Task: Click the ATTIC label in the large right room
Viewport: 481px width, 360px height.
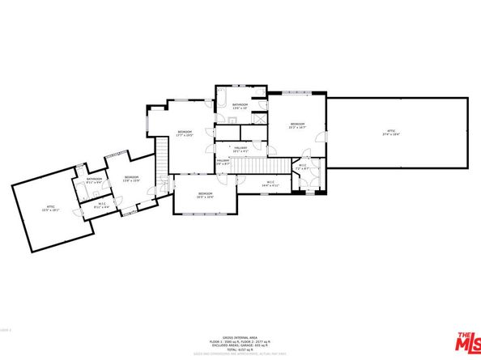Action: [389, 133]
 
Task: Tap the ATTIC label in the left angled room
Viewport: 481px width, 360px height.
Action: [49, 208]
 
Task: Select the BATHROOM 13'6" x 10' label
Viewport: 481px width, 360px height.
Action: [240, 106]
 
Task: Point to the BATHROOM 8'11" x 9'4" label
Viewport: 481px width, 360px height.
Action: [95, 181]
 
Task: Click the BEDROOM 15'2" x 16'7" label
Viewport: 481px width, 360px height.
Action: [296, 125]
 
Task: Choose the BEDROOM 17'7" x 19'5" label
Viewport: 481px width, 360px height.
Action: [185, 133]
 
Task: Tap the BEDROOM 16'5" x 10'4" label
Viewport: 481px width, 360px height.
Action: [205, 194]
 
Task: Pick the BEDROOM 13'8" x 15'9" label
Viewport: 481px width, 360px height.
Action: [131, 179]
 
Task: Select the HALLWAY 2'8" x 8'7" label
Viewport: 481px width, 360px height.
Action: [223, 163]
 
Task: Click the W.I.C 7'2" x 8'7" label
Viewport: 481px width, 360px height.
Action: [301, 167]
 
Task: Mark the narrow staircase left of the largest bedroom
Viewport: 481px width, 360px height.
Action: [160, 154]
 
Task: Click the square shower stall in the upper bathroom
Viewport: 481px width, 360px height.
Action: [259, 118]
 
